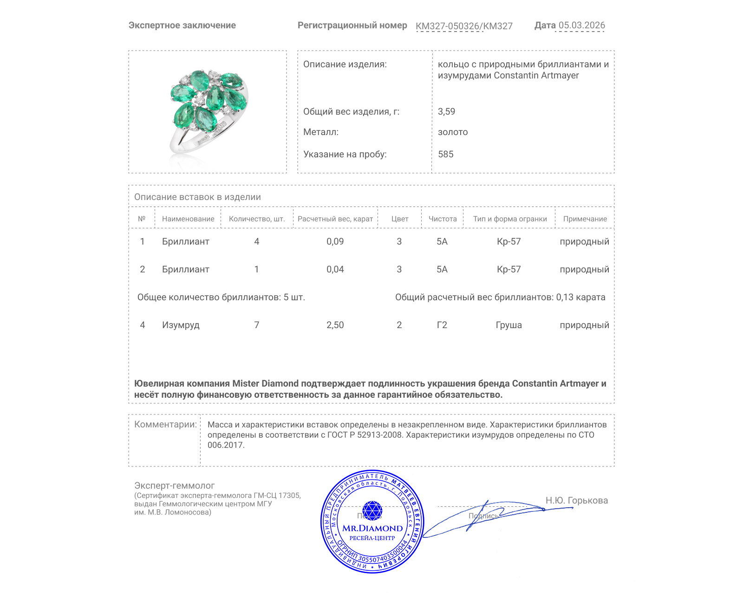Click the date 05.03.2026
tap(581, 26)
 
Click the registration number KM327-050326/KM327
tap(464, 26)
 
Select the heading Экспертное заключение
tap(182, 26)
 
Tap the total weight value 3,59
tap(446, 111)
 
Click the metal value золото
tap(453, 132)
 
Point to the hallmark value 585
tap(445, 154)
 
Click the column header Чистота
tap(442, 219)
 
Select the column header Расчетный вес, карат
tap(335, 219)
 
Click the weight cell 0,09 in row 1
tap(335, 241)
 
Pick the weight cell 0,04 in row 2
tap(335, 269)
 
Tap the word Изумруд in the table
tap(181, 325)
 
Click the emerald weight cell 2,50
tap(335, 325)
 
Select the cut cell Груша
tap(508, 325)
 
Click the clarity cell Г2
tap(442, 325)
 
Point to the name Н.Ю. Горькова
tap(576, 500)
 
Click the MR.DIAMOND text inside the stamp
tap(372, 528)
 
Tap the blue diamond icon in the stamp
tap(372, 510)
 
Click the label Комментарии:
tap(165, 424)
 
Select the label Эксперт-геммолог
tap(174, 485)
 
